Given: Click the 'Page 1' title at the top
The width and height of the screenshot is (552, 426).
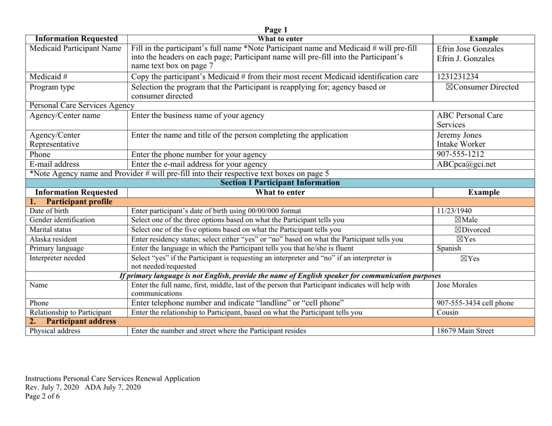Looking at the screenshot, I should (276, 30).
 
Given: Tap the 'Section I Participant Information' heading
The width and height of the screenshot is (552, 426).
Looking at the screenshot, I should (275, 184).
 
